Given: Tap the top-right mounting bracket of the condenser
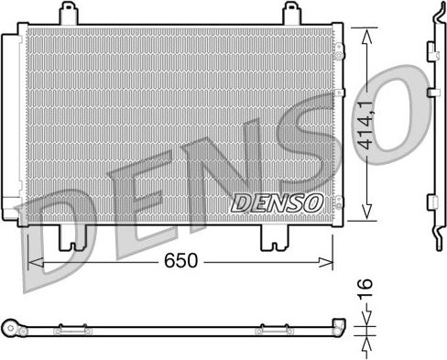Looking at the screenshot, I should point(290,14).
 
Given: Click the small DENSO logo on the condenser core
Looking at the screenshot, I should point(275,202).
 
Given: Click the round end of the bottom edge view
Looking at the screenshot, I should point(12,327).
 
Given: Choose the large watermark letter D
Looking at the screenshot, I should point(69,220).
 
